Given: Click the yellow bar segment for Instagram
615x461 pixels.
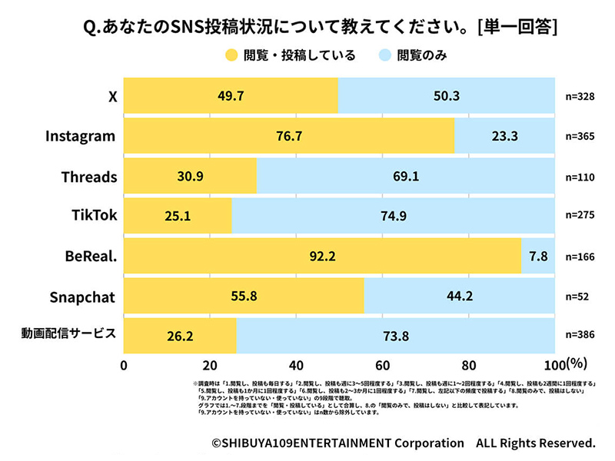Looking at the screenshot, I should point(289,136).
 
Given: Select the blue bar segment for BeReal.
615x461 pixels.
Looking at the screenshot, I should point(537,256).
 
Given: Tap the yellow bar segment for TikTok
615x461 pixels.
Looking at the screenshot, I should point(178,216).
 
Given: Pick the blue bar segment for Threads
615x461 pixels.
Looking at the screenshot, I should point(405,176).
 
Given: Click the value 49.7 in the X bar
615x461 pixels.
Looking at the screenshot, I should point(231,96).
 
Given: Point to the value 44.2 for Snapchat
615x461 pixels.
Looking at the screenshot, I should point(459,296).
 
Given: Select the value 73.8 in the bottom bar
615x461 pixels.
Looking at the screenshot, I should point(395,335).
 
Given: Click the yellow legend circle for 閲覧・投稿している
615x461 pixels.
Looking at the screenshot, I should point(231,55).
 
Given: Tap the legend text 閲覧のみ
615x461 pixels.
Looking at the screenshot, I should point(421,55).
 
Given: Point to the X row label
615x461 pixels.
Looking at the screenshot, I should point(113,96).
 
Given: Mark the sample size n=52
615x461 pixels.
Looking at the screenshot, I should point(579,296).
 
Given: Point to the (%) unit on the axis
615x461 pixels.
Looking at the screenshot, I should point(577,363).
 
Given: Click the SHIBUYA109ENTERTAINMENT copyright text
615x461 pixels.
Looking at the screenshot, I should point(338,443).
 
